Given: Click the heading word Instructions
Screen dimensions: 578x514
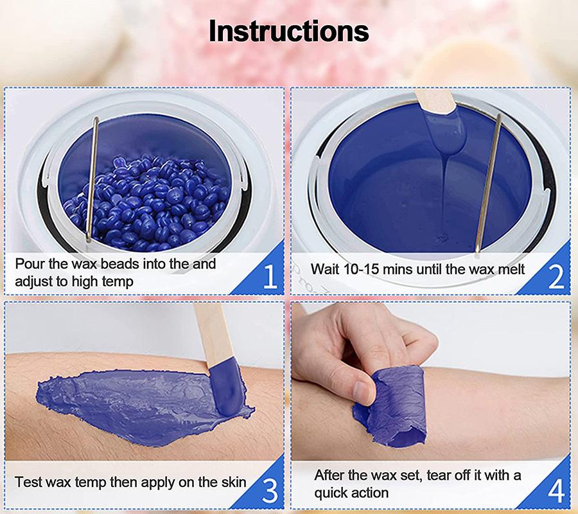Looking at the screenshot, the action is tap(288, 31).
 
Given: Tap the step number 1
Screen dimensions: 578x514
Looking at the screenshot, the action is tap(270, 276).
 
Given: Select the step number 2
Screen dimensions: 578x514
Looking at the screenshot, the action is tap(556, 276).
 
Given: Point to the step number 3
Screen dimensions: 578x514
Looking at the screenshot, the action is tap(270, 490).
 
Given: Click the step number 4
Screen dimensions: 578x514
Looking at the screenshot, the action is tap(556, 491).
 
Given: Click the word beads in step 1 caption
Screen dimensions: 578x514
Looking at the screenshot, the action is tap(120, 264).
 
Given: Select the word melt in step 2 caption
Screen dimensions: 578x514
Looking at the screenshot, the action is tap(511, 269).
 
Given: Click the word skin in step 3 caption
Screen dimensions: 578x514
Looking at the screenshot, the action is tap(233, 482).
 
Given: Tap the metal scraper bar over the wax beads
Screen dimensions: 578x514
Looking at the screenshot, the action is tap(91, 179).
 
